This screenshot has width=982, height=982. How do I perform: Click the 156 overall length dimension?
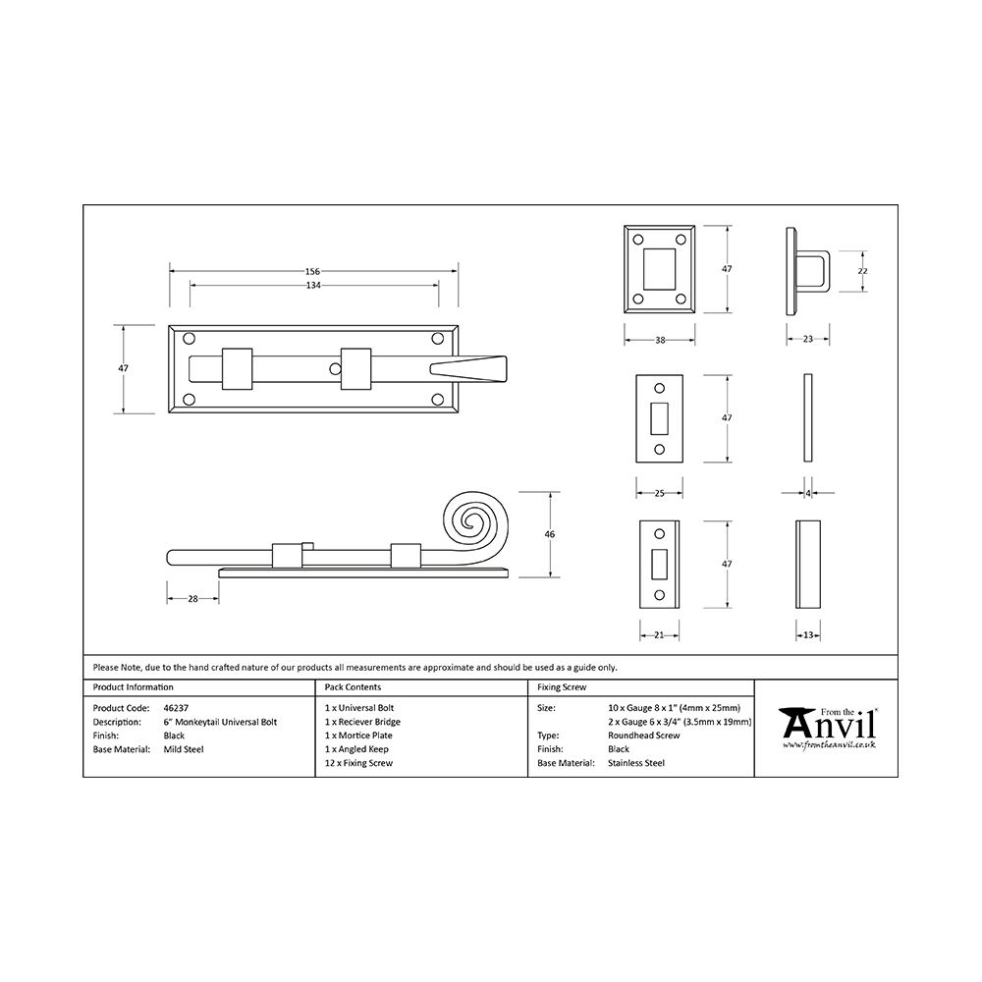click(312, 271)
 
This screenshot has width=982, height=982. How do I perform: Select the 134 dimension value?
click(313, 285)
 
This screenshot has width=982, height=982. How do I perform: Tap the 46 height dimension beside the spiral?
click(550, 534)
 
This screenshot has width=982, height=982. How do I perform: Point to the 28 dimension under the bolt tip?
click(192, 599)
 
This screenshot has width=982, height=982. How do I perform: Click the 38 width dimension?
click(660, 340)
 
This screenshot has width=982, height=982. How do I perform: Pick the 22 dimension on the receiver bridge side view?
click(862, 271)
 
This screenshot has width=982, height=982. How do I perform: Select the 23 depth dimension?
click(808, 339)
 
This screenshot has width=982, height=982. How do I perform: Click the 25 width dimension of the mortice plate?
click(659, 493)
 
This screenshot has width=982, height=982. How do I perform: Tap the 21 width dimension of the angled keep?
click(659, 635)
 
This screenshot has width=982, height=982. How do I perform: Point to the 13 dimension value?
click(808, 635)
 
